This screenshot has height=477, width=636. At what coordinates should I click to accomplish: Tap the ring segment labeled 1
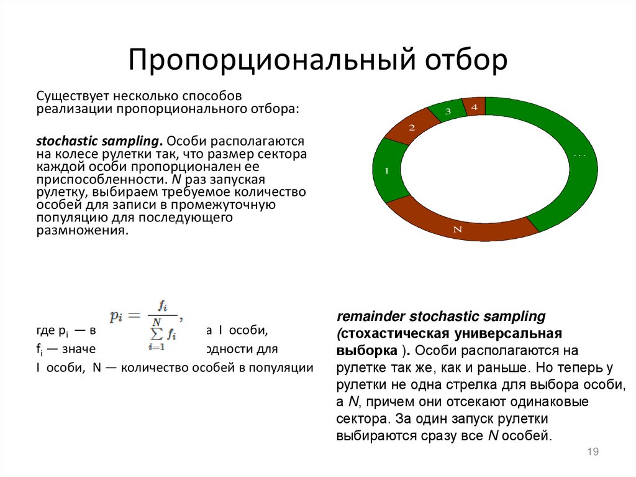click(387, 170)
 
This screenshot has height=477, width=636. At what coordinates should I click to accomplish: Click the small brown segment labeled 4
click(475, 107)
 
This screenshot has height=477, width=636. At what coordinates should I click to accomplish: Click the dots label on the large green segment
click(579, 154)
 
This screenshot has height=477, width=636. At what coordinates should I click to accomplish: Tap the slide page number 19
click(592, 452)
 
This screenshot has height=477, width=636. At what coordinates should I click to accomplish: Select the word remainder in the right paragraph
click(371, 317)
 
